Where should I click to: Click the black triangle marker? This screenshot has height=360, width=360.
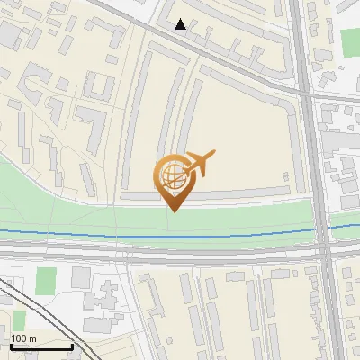(x=181, y=24)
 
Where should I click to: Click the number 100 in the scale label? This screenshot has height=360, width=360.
(x=21, y=338)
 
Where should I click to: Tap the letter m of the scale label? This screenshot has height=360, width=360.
(x=33, y=338)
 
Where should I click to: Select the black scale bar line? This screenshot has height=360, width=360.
(x=40, y=346)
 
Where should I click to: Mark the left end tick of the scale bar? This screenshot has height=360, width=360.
(x=10, y=345)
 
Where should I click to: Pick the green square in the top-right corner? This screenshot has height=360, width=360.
(x=350, y=41)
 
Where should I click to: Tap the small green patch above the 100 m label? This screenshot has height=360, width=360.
(x=19, y=320)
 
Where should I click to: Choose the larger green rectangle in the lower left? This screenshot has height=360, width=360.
(x=46, y=280)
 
